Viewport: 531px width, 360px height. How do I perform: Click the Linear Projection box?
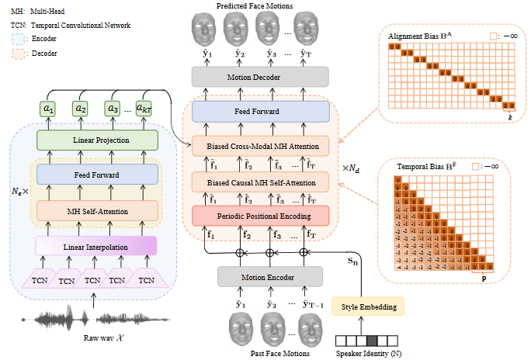(x=97, y=140)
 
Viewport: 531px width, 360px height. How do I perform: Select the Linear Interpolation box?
(x=96, y=246)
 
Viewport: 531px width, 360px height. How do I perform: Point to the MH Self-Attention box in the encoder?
(x=97, y=210)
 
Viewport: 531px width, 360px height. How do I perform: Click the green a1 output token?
(x=49, y=109)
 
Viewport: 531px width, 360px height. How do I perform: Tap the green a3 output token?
(x=113, y=109)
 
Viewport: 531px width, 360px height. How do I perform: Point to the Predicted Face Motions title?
(x=255, y=6)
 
